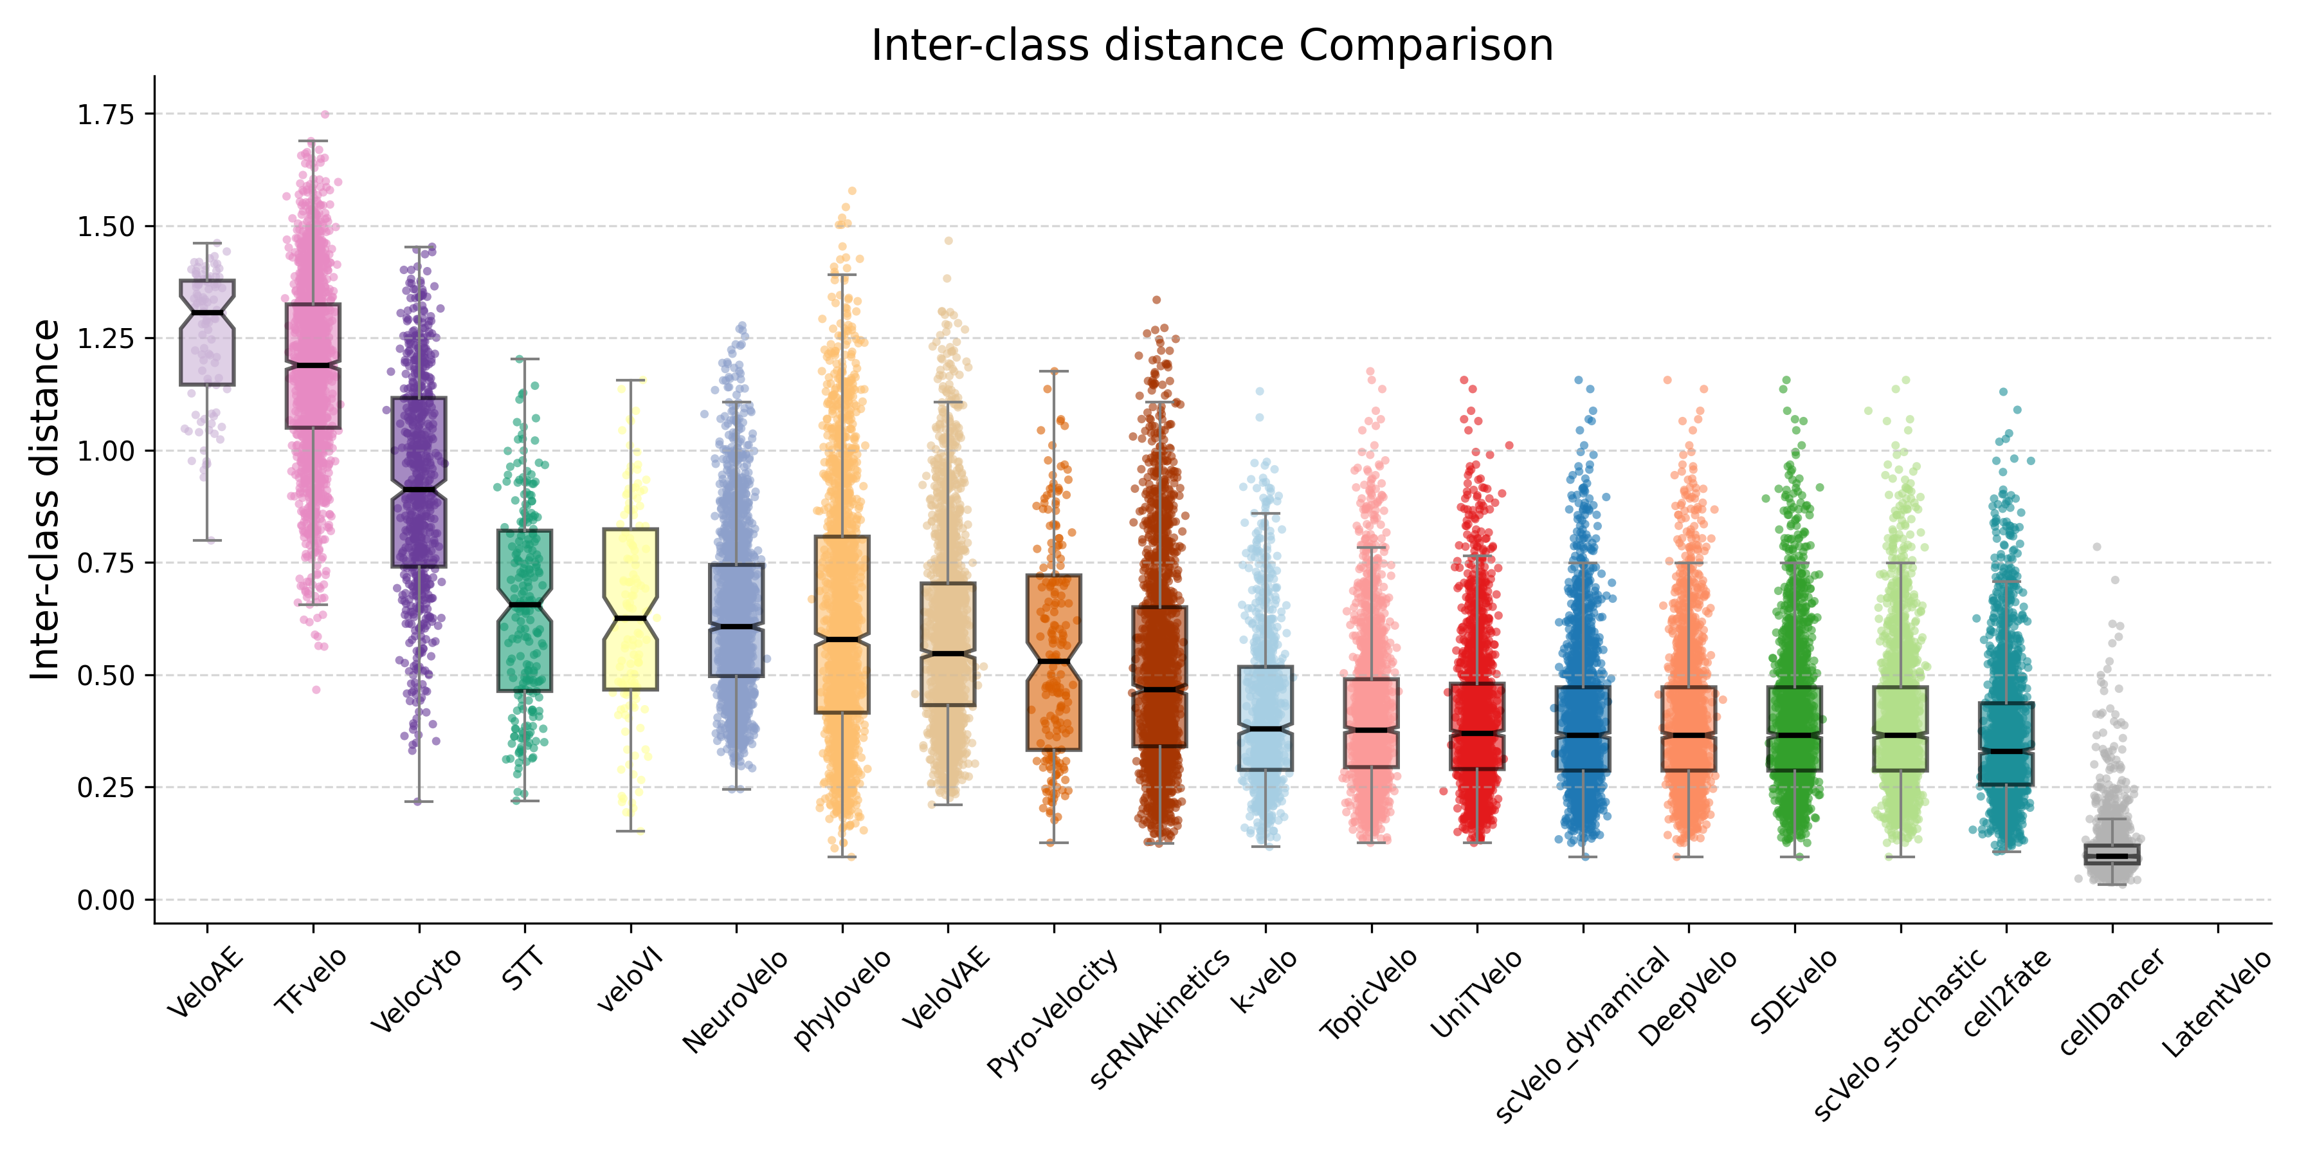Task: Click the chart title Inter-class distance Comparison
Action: point(1212,45)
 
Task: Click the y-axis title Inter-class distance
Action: point(45,500)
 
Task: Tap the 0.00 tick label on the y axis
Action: point(105,900)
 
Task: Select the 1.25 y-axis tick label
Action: point(105,339)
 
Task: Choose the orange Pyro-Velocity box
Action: point(1054,701)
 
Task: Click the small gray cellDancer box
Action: point(2112,854)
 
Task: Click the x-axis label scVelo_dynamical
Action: point(1582,1034)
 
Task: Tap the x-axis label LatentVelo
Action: point(2215,1002)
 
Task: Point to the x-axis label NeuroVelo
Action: point(735,1000)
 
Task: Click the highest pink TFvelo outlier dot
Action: point(325,115)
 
